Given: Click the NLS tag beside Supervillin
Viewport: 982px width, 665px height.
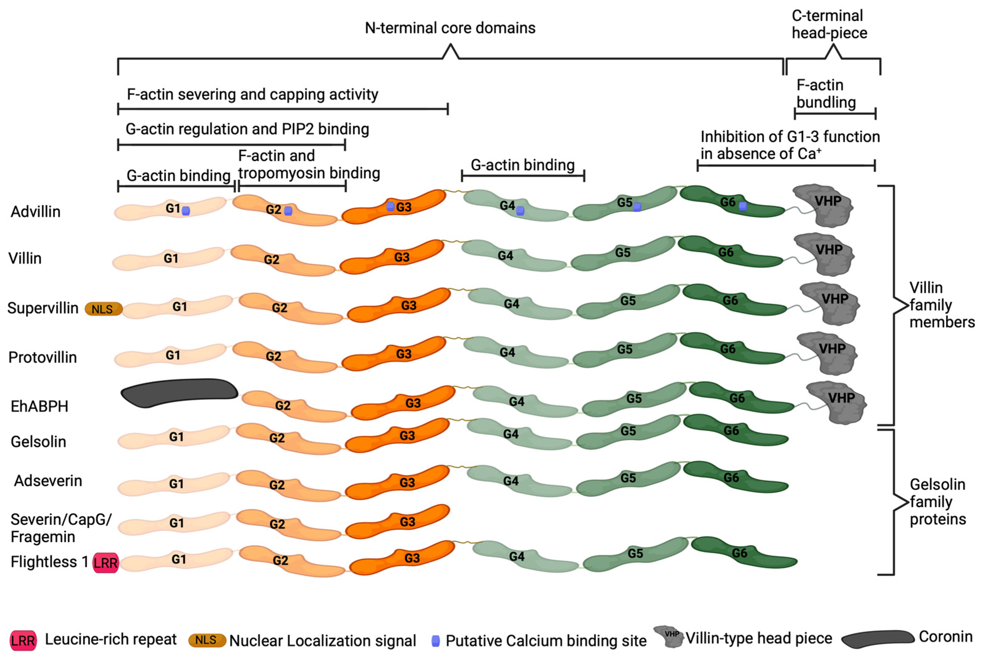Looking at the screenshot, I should tap(104, 309).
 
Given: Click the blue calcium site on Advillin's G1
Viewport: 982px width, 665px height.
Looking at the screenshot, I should tap(185, 211).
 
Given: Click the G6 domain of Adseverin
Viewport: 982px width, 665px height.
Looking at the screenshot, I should tap(735, 478).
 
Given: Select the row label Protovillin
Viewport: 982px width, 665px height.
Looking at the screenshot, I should tap(43, 357).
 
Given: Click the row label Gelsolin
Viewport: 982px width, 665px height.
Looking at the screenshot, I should tap(38, 441).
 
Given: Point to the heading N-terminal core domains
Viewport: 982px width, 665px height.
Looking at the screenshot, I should tap(450, 28).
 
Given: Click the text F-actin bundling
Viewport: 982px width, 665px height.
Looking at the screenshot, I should tap(826, 94).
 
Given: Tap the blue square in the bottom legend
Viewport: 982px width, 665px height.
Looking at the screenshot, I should tap(435, 640).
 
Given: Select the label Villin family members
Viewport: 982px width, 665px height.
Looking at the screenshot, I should tap(942, 305).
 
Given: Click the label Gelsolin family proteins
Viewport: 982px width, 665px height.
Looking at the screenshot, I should tap(938, 502).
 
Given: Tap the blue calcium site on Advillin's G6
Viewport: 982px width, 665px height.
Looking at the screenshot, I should tap(743, 206).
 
